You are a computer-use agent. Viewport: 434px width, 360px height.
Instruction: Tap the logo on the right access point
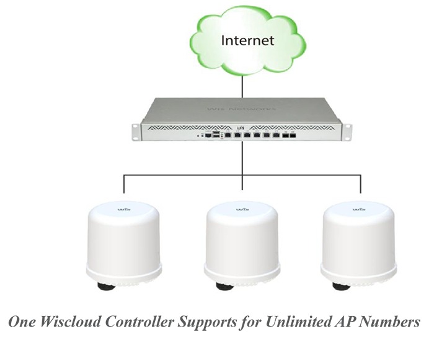point(358,210)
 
